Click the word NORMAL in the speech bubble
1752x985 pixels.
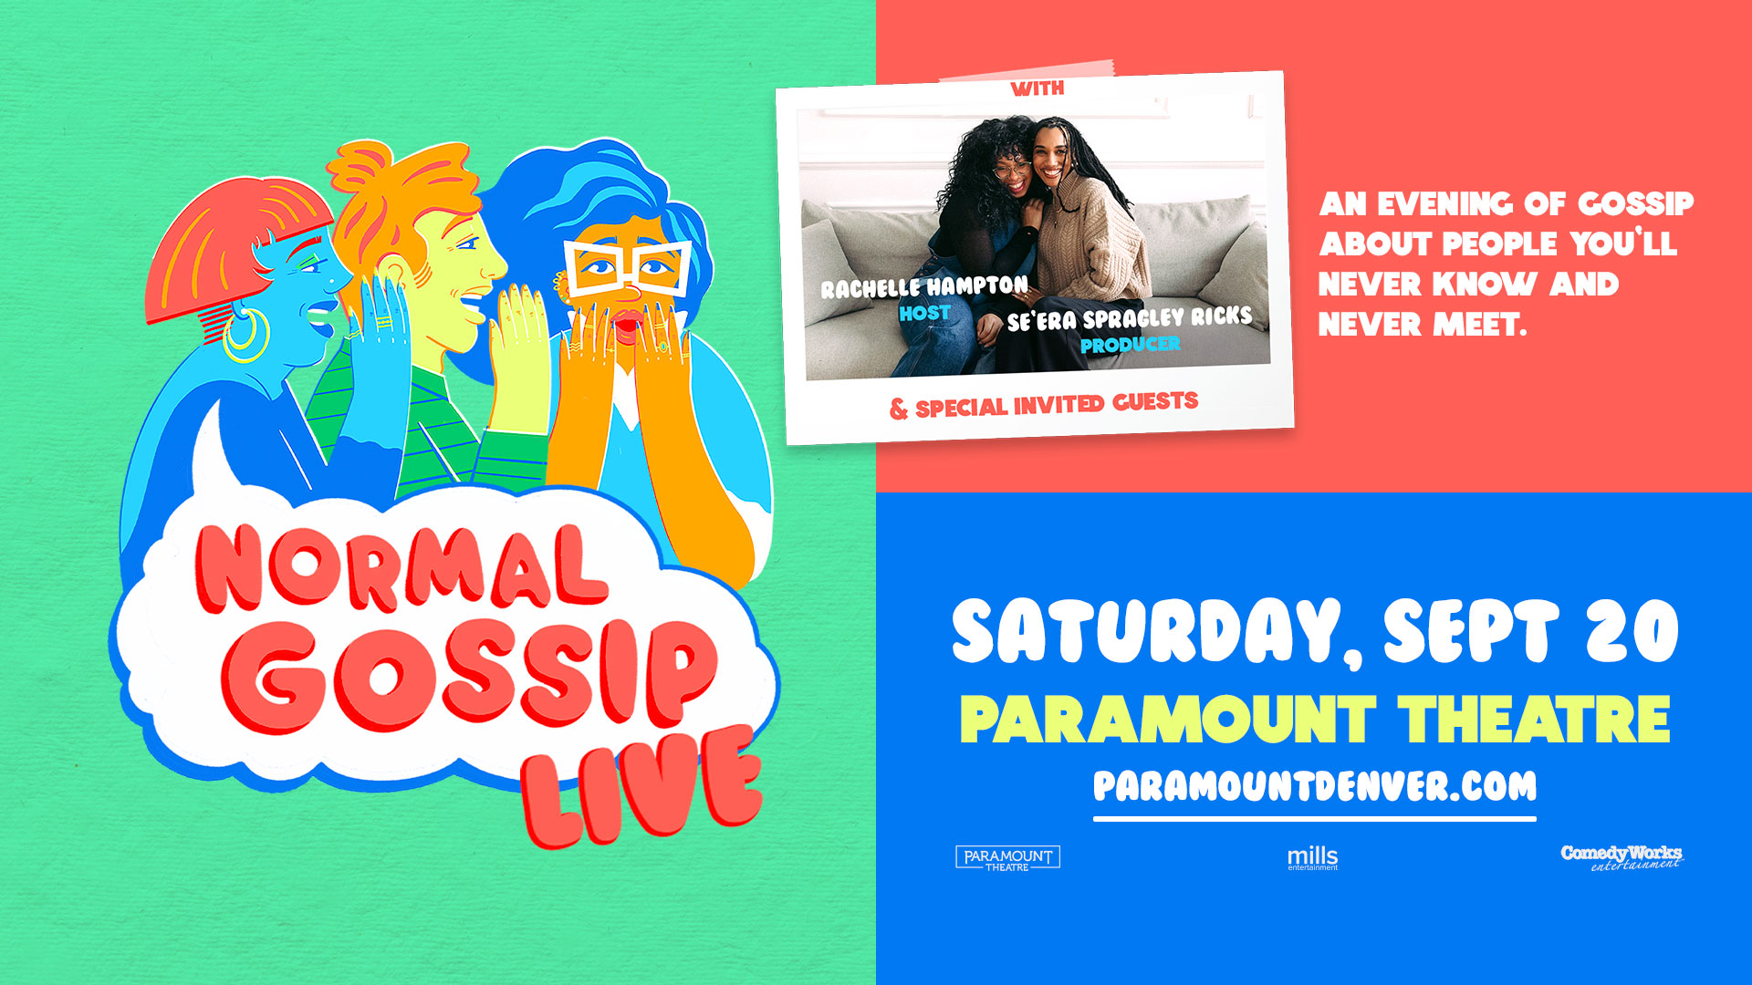[x=401, y=567]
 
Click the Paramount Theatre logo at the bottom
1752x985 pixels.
[x=1007, y=858]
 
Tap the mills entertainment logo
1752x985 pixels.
[x=1312, y=858]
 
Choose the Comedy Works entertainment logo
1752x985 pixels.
[x=1622, y=857]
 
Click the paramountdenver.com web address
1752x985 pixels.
[x=1315, y=786]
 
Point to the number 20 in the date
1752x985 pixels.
[x=1632, y=631]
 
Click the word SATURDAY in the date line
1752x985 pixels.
[x=1147, y=631]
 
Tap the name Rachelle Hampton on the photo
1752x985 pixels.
[x=924, y=287]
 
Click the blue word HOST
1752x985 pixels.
[x=924, y=314]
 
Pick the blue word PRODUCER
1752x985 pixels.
[x=1130, y=345]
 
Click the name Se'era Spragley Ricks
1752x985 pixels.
[x=1130, y=318]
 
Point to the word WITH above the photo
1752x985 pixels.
[x=1038, y=88]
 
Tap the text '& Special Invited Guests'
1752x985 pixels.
[x=1044, y=405]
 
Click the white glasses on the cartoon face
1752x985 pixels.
[x=627, y=265]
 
